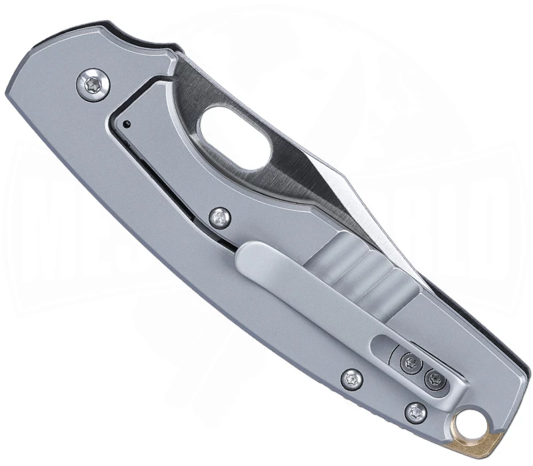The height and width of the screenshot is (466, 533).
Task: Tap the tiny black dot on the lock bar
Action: (126, 123)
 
